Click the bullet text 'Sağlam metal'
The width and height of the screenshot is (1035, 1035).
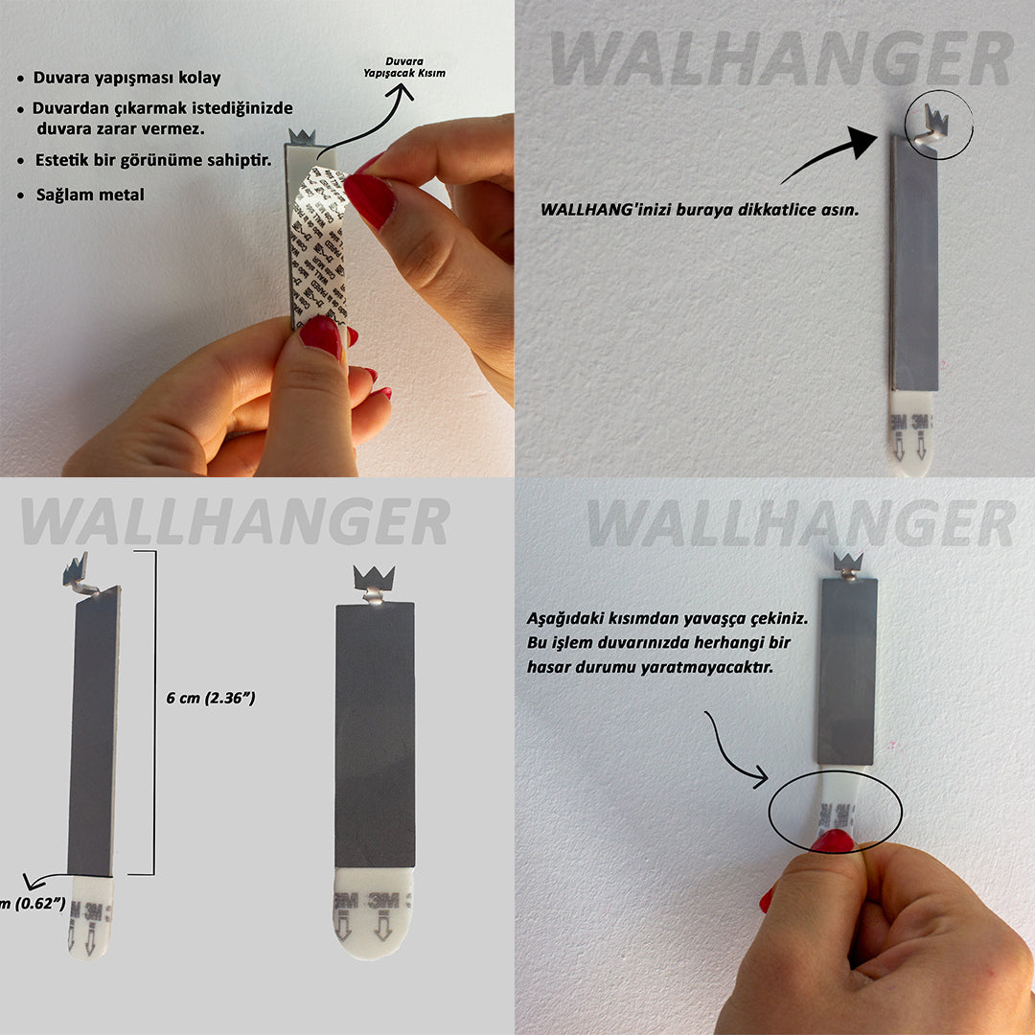tap(90, 195)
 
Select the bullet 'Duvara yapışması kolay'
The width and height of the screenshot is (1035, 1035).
tap(126, 78)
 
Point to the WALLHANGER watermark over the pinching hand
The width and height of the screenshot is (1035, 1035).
tap(799, 523)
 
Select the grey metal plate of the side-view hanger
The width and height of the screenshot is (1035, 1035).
tap(94, 733)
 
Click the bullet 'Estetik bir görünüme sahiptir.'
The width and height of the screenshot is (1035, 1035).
tap(151, 160)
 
